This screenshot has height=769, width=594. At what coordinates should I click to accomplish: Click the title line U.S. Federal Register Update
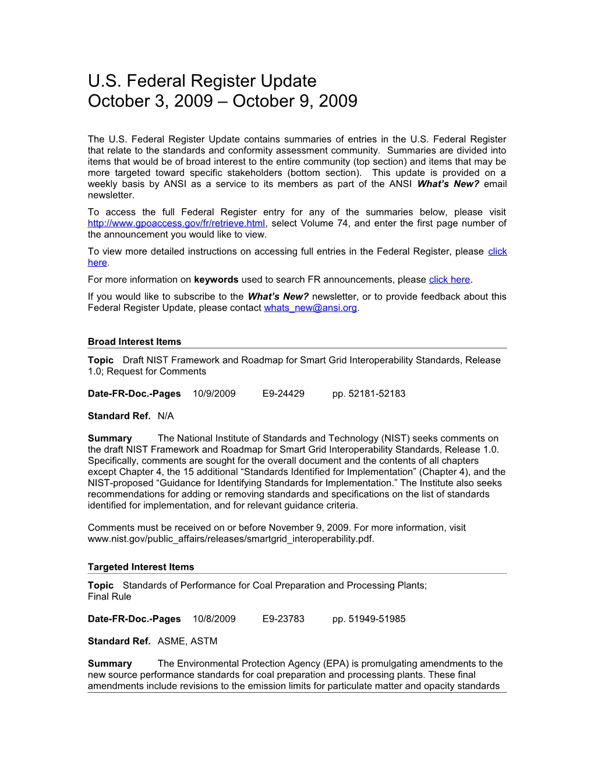[202, 81]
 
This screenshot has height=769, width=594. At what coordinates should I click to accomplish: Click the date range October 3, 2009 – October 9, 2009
[222, 101]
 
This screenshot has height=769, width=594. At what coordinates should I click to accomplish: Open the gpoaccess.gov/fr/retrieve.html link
[176, 224]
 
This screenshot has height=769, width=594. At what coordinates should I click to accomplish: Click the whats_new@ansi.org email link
[310, 308]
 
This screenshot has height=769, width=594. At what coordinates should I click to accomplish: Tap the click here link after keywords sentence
[449, 280]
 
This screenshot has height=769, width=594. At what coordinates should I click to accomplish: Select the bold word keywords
[216, 280]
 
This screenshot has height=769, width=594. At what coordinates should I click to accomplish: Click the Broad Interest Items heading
[135, 342]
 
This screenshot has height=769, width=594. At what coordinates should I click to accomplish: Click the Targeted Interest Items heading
[141, 567]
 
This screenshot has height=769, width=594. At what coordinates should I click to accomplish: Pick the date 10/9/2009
[214, 394]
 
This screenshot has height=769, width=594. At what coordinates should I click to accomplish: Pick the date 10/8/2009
[214, 619]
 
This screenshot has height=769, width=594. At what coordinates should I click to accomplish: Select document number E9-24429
[283, 394]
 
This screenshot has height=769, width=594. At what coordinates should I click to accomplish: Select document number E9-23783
[283, 619]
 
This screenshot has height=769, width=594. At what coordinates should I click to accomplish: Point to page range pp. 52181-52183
[369, 394]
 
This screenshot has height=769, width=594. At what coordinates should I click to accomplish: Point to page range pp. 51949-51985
[369, 619]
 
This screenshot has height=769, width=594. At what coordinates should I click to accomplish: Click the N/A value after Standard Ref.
[165, 416]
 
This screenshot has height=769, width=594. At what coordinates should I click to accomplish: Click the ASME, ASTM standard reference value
[187, 641]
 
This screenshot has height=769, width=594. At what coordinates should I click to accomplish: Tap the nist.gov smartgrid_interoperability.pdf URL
[231, 539]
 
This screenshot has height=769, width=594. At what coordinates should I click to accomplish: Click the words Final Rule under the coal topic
[109, 597]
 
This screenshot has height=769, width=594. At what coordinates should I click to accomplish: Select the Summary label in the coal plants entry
[109, 664]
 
